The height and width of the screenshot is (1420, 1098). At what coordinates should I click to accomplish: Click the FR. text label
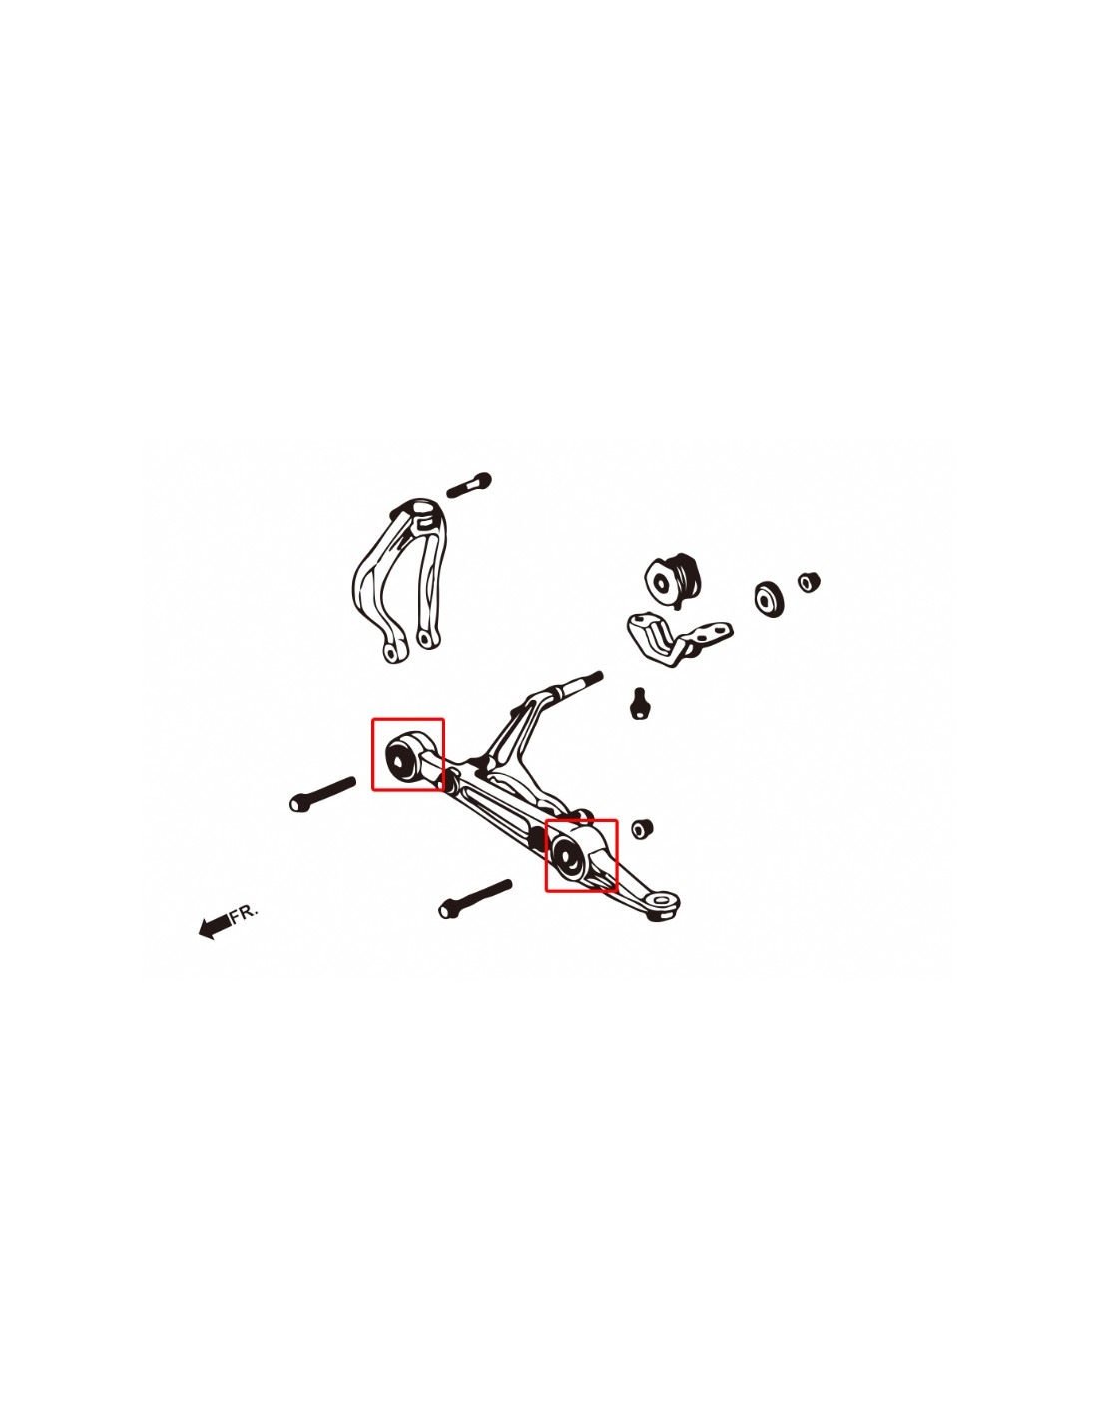[243, 913]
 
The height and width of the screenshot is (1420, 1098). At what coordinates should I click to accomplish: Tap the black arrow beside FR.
[215, 926]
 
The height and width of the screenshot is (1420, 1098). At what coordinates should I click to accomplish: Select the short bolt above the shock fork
[468, 486]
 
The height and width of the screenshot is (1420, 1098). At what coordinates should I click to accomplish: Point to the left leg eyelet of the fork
[392, 652]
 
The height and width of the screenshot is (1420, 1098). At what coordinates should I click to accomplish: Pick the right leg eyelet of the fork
[426, 637]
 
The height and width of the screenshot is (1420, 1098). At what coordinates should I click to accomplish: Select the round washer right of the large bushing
[770, 598]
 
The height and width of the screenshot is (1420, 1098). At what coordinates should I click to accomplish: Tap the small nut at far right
[809, 581]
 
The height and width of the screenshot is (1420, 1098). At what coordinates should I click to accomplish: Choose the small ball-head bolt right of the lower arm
[639, 702]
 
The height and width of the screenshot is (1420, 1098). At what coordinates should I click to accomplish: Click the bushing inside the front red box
[403, 756]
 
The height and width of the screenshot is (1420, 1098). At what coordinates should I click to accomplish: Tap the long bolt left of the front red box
[322, 794]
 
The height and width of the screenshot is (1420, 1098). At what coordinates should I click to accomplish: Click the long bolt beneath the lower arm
[475, 899]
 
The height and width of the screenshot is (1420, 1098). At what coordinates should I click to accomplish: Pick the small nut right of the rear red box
[642, 829]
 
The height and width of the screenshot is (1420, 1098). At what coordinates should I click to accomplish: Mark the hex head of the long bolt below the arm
[447, 909]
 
